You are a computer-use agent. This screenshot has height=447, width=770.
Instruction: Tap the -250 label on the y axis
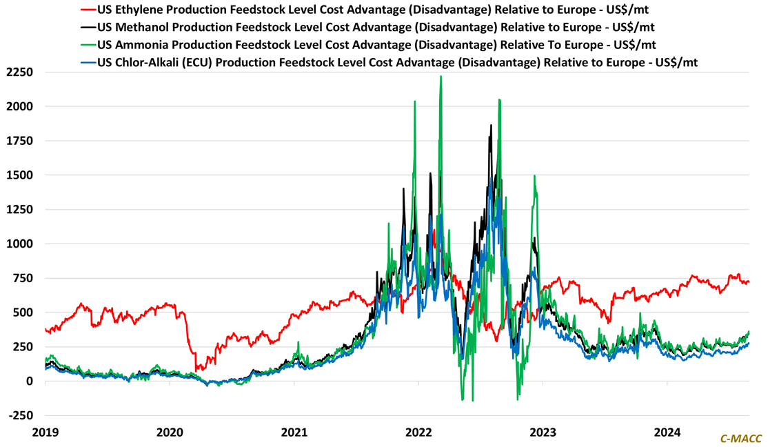[21, 415]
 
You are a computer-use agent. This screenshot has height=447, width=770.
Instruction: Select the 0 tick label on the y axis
[29, 381]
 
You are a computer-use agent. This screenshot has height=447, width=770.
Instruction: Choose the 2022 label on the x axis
[418, 433]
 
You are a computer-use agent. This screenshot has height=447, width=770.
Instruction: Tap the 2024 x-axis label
[667, 433]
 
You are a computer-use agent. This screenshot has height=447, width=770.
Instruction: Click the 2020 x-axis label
[170, 433]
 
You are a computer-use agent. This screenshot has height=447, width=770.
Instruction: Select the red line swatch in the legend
[88, 10]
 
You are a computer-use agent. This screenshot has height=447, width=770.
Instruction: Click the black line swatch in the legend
[88, 28]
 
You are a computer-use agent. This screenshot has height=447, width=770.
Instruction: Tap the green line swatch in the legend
[88, 45]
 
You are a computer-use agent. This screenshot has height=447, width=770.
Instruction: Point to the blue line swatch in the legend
[88, 62]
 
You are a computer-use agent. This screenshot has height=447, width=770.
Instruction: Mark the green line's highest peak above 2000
[440, 77]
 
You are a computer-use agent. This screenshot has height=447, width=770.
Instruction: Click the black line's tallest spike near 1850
[491, 126]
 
